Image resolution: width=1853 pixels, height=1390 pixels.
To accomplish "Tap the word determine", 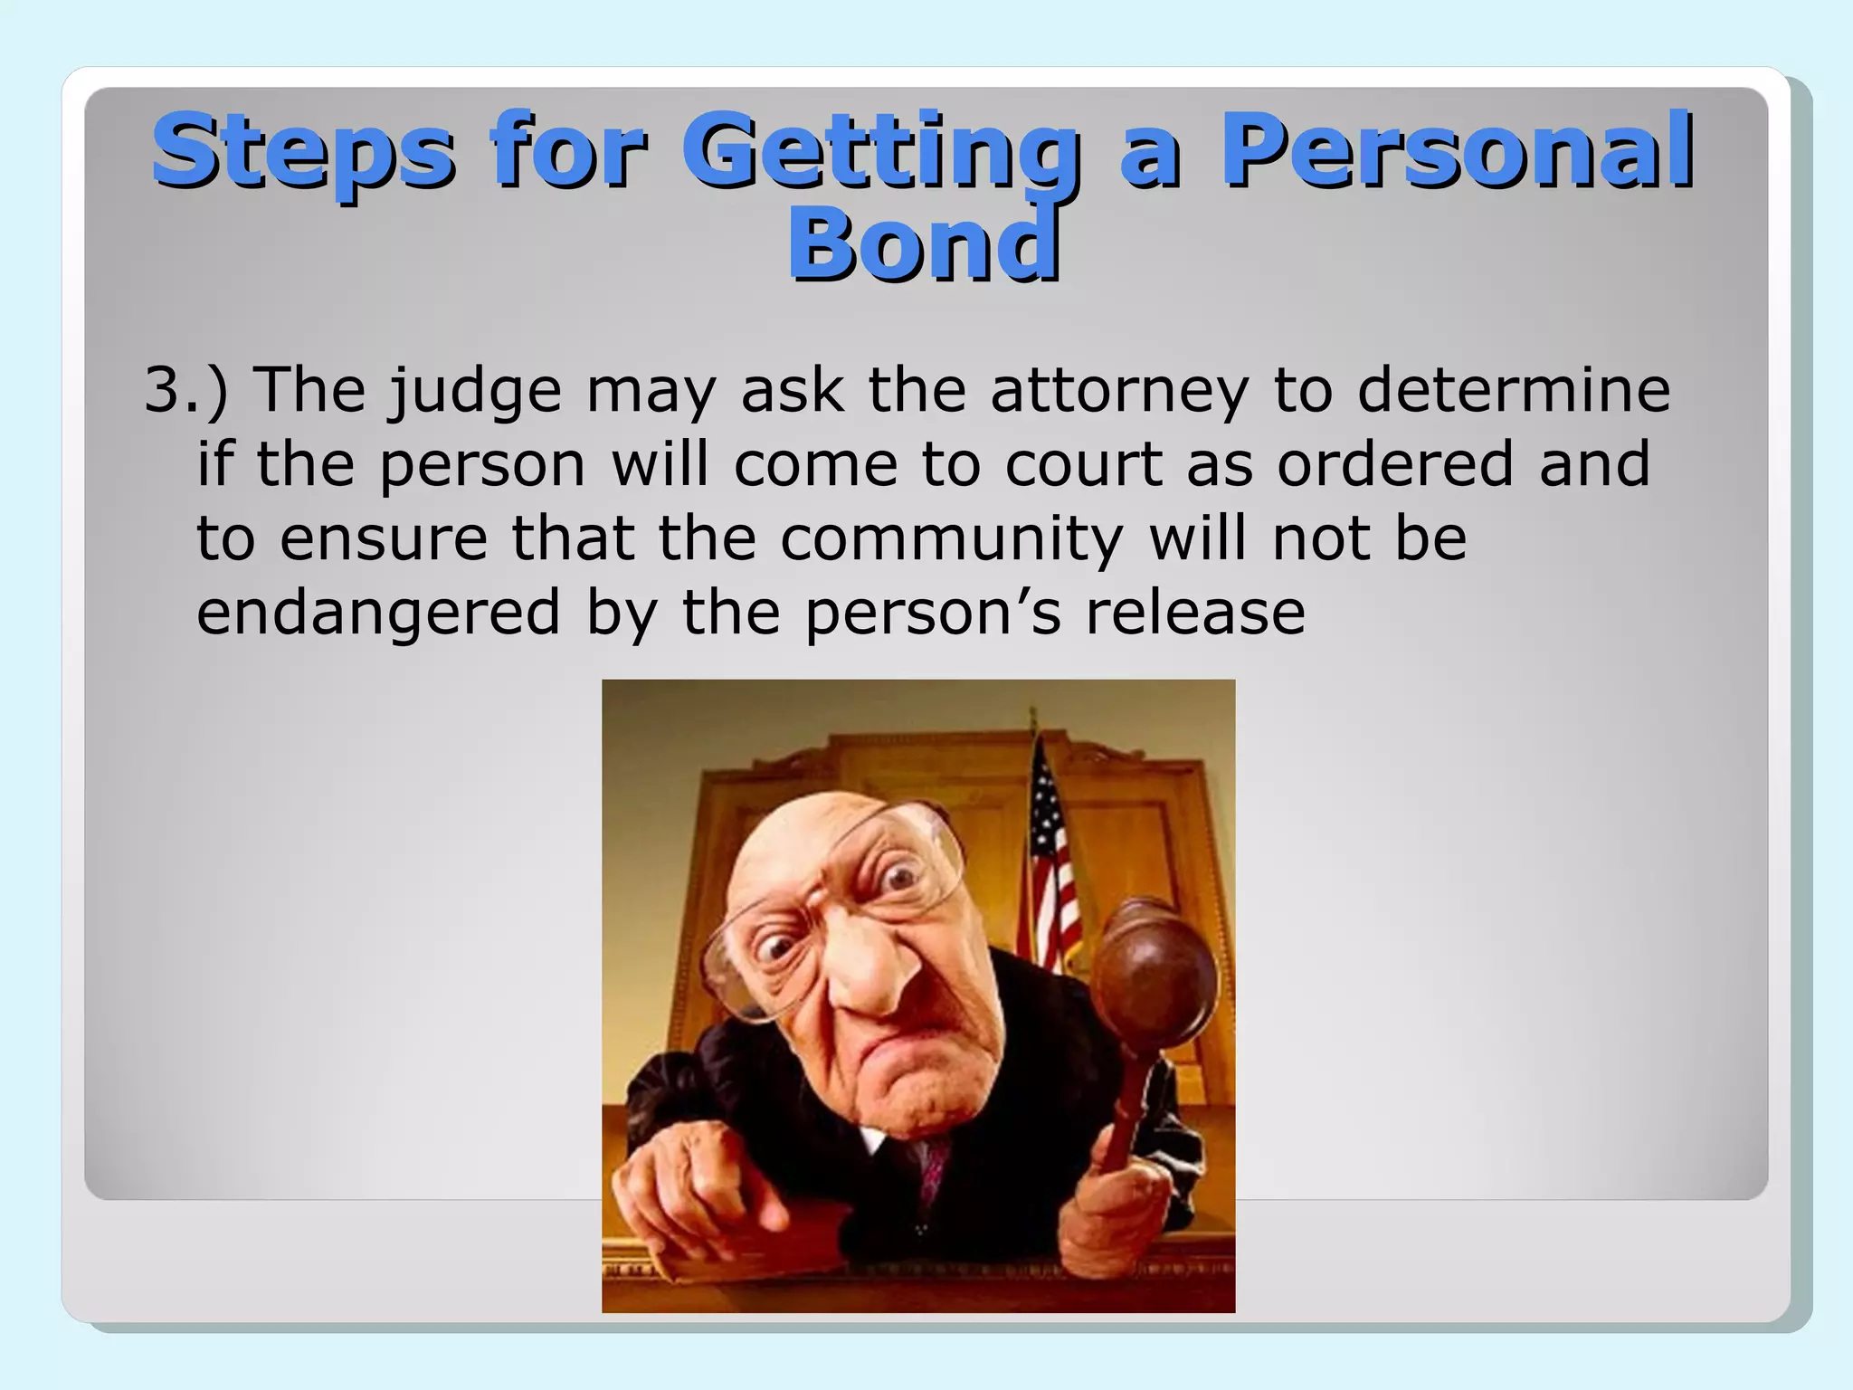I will [1513, 391].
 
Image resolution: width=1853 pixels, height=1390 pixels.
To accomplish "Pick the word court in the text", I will [1083, 465].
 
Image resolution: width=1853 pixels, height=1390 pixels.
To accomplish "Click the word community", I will [951, 540].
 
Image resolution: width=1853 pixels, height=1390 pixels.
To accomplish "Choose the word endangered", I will [378, 614].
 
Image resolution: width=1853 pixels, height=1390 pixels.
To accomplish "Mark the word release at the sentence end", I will [1195, 614].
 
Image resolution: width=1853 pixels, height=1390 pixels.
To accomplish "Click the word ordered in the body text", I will [1395, 465].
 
